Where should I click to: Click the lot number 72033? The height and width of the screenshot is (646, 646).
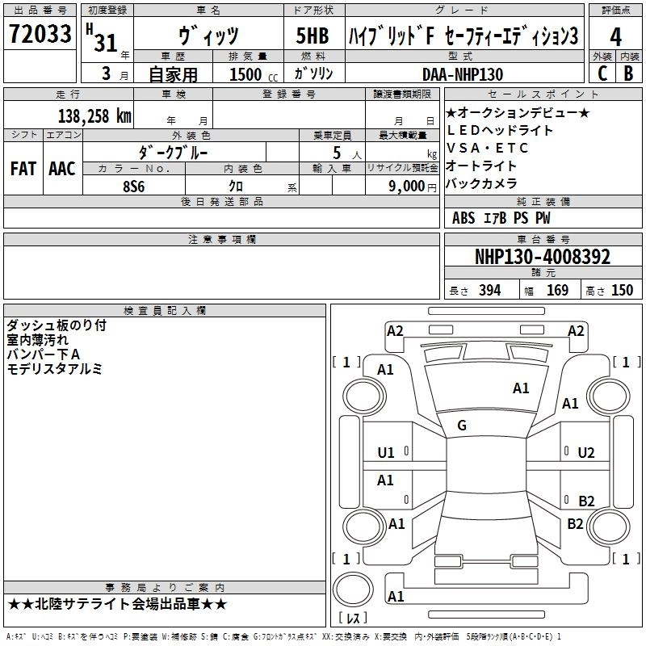click(40, 36)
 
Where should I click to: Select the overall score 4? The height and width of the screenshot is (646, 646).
click(615, 37)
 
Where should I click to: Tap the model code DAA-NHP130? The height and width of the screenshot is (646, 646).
click(463, 74)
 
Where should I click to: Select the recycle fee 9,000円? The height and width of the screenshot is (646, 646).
click(412, 186)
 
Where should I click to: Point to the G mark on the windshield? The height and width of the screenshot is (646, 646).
click(462, 426)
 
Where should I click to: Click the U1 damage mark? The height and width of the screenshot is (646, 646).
click(386, 453)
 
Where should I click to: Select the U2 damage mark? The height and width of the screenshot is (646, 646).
click(586, 453)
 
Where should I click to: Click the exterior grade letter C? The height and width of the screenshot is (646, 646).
click(602, 73)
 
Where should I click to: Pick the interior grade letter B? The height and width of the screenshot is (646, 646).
click(628, 73)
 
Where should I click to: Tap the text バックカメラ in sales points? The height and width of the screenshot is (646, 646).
click(481, 183)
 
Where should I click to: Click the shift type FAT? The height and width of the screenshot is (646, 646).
click(23, 169)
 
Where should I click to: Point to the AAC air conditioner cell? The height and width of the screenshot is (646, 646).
click(61, 169)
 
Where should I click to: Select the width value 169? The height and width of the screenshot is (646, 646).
click(557, 291)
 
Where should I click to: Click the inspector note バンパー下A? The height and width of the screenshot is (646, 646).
click(43, 354)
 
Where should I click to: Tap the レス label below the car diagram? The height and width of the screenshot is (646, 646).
click(353, 619)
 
